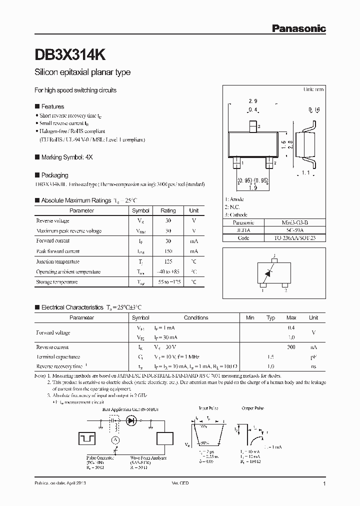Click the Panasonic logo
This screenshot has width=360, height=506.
point(298,29)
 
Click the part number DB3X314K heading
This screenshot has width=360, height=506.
point(69,53)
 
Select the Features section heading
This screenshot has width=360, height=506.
point(52,106)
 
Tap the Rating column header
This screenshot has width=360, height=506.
point(168,210)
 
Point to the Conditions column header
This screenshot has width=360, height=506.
point(196,317)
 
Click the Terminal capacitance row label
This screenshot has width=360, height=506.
point(58,357)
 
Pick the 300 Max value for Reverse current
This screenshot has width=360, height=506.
point(291,347)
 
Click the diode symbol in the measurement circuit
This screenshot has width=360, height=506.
point(132,421)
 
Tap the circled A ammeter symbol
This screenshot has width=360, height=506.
point(114,439)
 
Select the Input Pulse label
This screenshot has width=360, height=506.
point(208,408)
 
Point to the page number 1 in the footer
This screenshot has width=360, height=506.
point(324,484)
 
